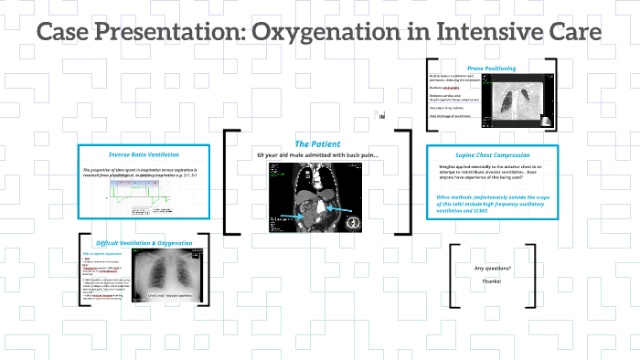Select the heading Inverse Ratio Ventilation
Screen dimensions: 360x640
tap(144, 154)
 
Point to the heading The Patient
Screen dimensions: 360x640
tap(317, 144)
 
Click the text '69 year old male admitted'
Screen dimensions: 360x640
tap(302, 154)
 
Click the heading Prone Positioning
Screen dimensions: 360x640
tap(491, 68)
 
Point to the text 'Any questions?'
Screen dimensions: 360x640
tap(493, 268)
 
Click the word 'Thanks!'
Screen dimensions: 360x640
tap(493, 281)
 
